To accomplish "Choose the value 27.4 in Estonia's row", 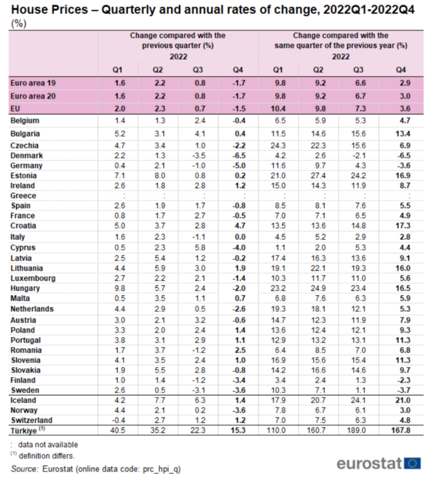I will tap(320, 175).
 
